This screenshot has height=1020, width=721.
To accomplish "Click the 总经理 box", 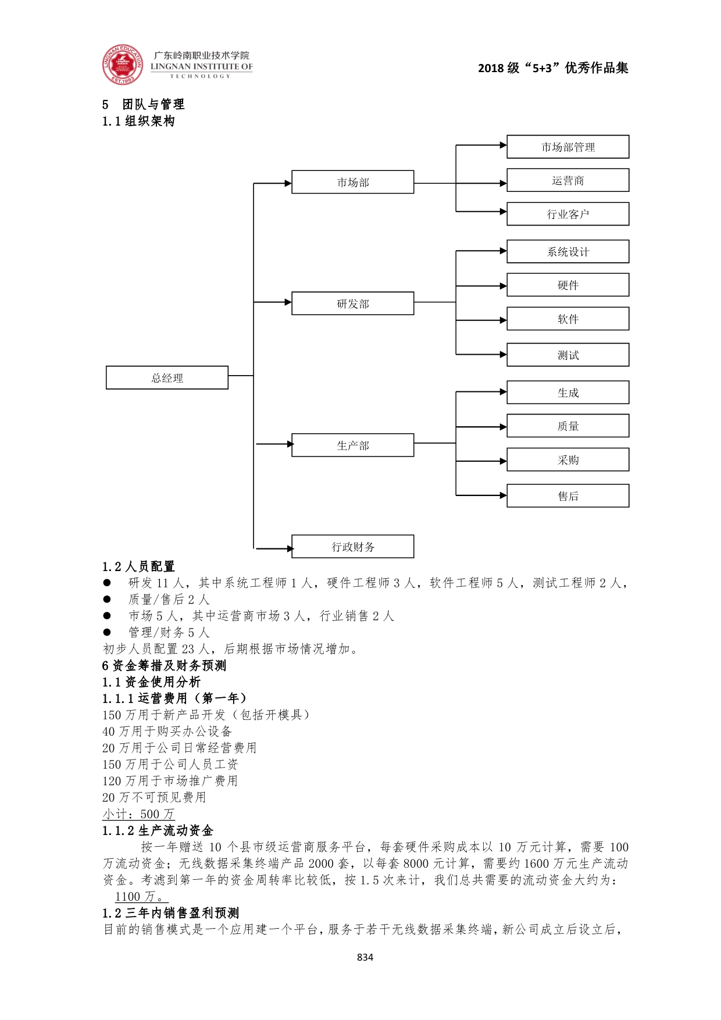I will coord(167,377).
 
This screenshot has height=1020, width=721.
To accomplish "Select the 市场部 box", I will coord(352,182).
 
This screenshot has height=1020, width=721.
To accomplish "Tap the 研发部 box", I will coord(352,304).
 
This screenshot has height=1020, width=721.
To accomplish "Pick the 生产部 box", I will coord(352,445).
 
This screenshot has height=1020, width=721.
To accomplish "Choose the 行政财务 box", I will coord(352,547).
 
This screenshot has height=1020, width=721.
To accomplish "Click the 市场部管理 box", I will coord(567,147).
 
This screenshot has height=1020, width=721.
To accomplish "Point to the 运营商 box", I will coord(567,180).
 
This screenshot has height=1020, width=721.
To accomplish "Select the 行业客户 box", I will coord(567,214).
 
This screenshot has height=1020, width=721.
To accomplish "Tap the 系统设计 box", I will coord(567,252).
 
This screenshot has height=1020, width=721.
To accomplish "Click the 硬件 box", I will coord(567,285).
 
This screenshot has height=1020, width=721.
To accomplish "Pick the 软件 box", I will coord(567,319).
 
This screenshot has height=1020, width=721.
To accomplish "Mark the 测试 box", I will coord(567,355).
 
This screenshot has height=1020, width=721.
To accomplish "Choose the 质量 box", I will coord(567,426).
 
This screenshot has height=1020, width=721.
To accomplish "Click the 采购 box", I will coord(567,460).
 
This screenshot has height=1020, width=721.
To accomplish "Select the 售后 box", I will coord(567,496).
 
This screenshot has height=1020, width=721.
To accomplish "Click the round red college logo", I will coord(122,65).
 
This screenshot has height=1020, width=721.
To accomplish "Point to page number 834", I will coord(365,957).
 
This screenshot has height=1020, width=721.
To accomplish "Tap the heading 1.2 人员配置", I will coord(138,566).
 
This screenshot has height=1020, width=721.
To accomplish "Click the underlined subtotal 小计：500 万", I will coord(138,814).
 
